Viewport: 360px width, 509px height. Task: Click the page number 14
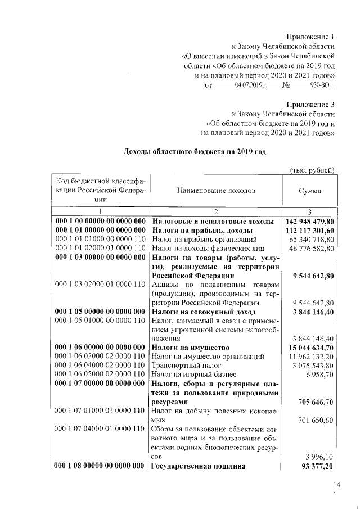tap(337, 485)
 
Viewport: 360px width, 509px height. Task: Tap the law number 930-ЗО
tap(320, 85)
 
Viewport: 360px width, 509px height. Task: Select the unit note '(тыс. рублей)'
tap(312, 170)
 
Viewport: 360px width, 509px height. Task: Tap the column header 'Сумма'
tap(310, 191)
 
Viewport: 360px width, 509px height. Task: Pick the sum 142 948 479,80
tap(308, 221)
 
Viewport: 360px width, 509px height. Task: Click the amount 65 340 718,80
tap(311, 239)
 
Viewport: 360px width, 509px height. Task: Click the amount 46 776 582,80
tap(311, 248)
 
